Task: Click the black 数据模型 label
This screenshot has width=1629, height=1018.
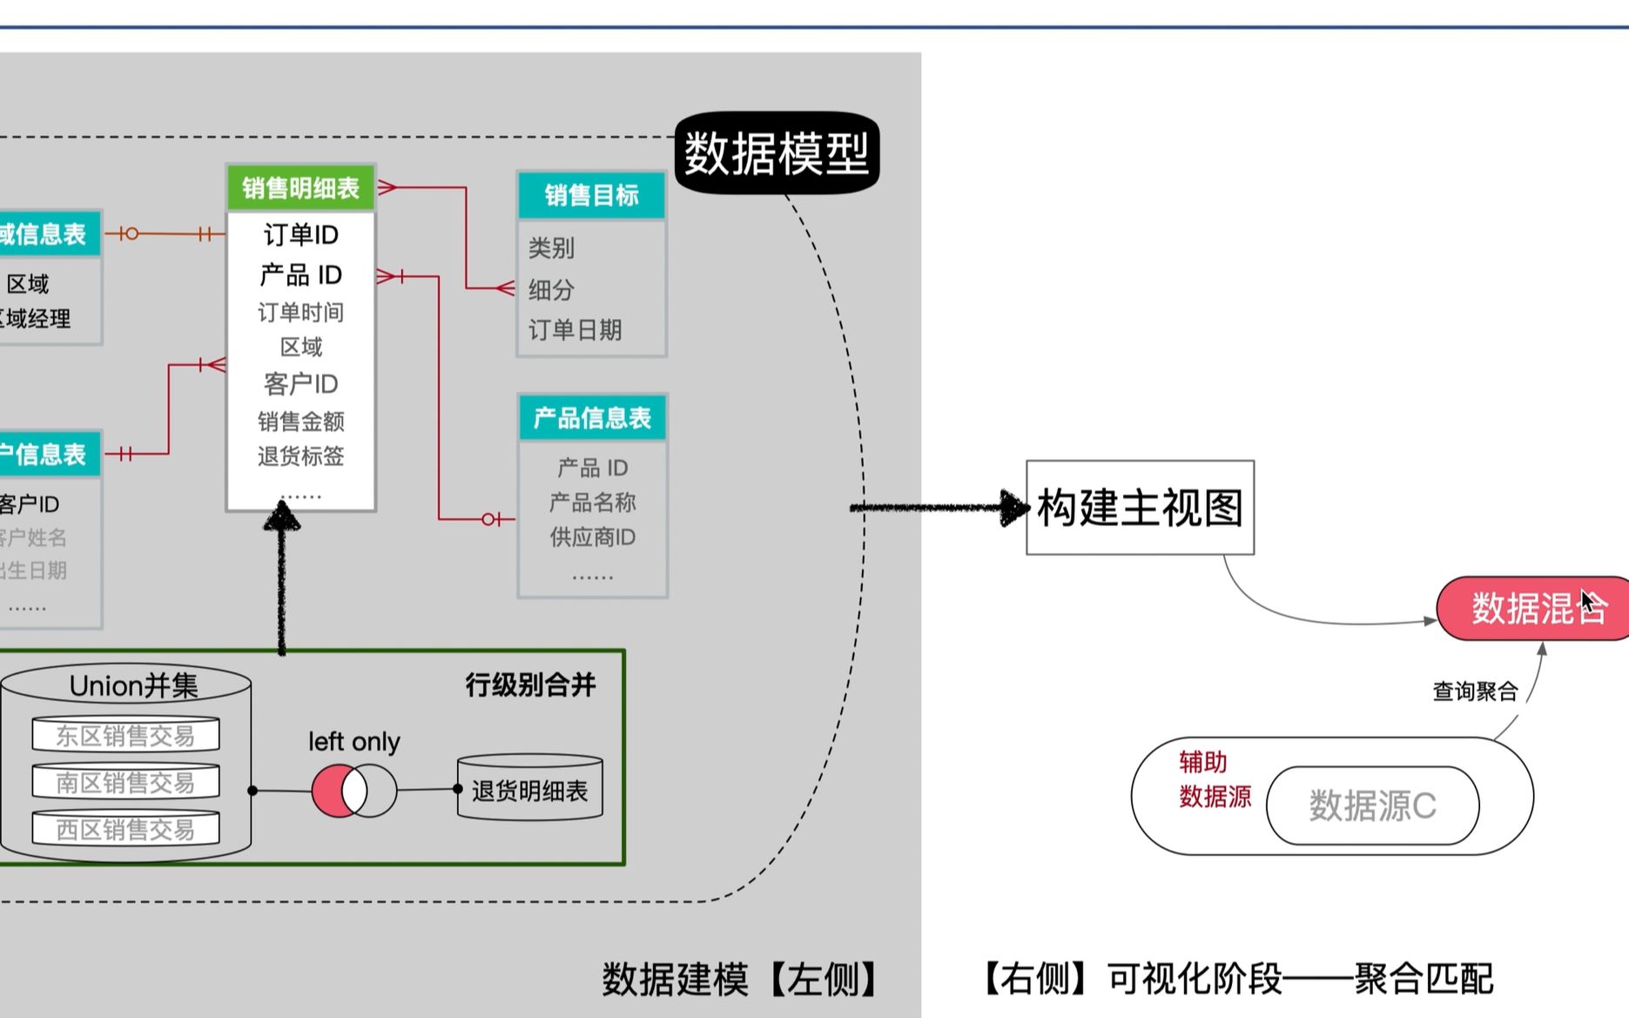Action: coord(777,153)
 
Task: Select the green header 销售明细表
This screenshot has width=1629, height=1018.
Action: coord(300,188)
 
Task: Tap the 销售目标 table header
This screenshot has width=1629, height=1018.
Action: coord(591,195)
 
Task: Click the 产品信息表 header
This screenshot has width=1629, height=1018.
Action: coord(592,418)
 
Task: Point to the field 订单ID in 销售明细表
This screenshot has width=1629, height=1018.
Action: coord(300,235)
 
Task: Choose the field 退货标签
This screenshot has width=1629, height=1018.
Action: coord(300,456)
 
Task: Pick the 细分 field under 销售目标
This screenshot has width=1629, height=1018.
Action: coord(551,289)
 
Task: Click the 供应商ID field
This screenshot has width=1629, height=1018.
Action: coord(592,537)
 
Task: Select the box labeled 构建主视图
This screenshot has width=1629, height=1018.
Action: coord(1140,508)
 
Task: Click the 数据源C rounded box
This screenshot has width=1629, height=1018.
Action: coord(1372,806)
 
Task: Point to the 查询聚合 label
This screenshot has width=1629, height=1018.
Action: coord(1475,691)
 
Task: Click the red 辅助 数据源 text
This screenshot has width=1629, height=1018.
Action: coord(1214,779)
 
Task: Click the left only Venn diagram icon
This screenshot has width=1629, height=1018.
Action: coord(353,791)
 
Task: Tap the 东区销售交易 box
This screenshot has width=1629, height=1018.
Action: coord(125,736)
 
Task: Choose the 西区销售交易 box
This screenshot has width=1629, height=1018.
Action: coord(125,829)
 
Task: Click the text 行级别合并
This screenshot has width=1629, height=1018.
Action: coord(530,685)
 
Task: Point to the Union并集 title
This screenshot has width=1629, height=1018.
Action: coord(133,686)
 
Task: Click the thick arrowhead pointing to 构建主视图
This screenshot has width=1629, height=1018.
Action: coord(1013,508)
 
